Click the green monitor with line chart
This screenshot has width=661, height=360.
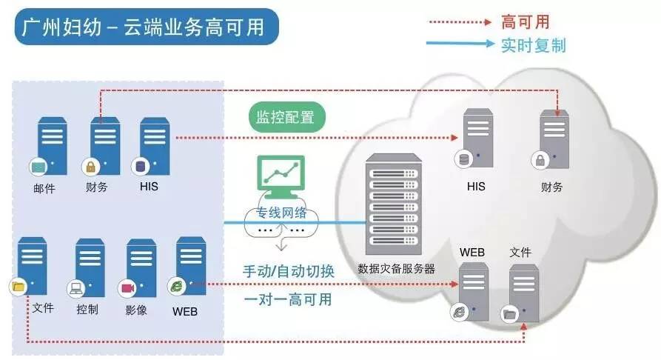coord(279,176)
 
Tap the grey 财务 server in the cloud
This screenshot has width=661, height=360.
coord(554,141)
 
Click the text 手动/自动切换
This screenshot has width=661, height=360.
coord(289,271)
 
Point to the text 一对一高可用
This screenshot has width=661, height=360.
coord(288,299)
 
